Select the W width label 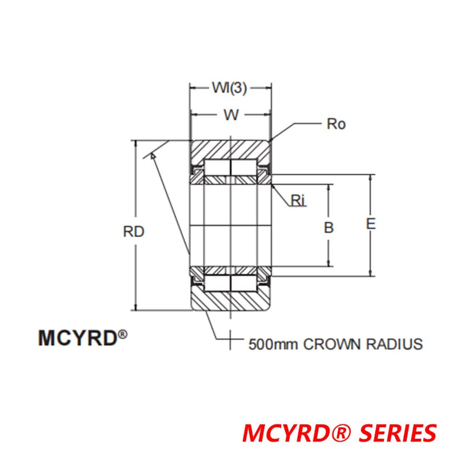[231, 114]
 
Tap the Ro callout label [336, 124]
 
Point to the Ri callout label [299, 199]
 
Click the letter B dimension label [328, 227]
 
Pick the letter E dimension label [371, 224]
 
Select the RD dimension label [133, 232]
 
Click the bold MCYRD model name [77, 338]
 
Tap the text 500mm [273, 344]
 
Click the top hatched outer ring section [231, 149]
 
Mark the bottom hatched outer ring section [231, 301]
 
